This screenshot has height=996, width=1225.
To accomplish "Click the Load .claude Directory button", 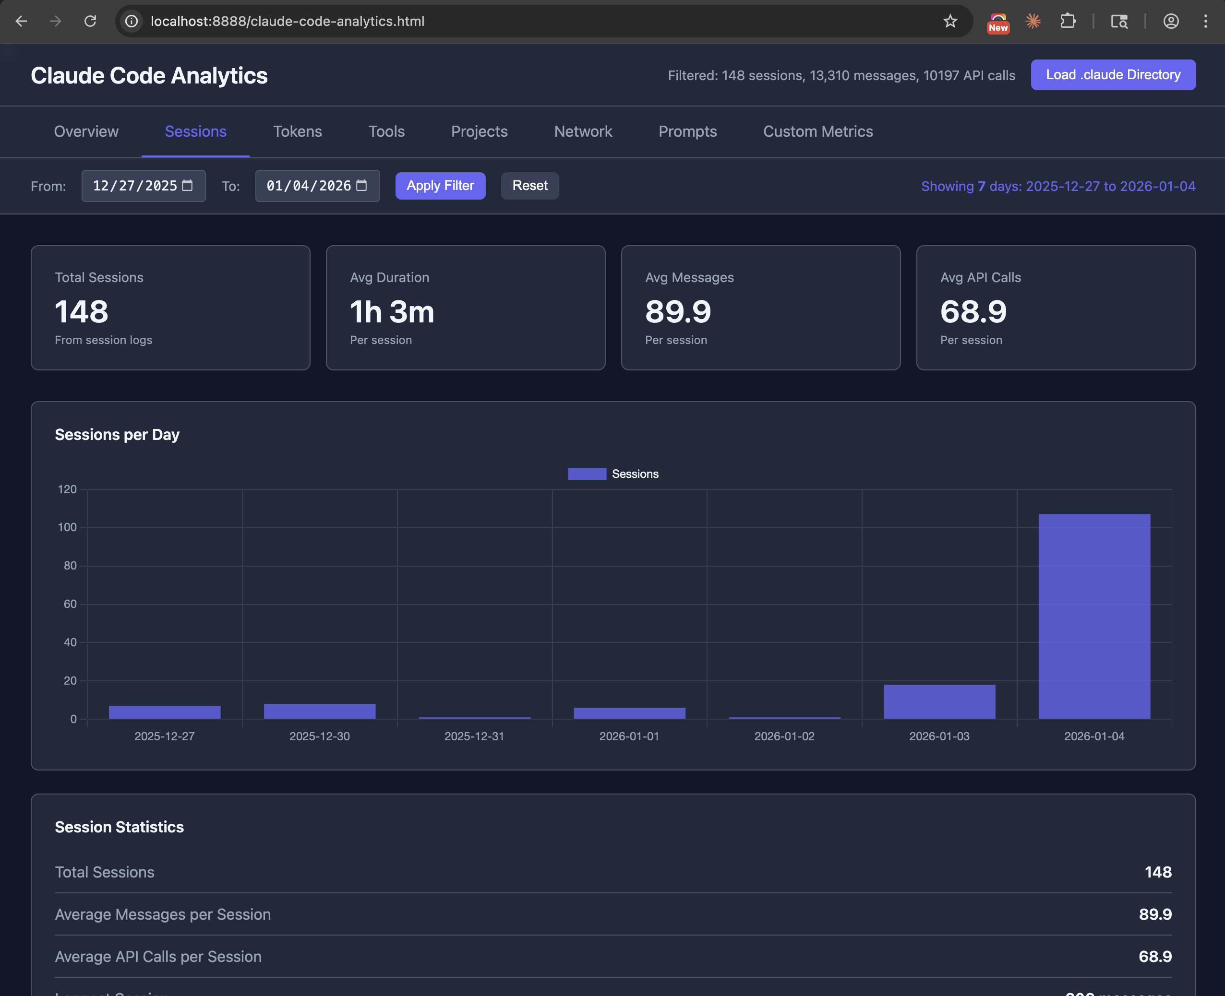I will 1113,74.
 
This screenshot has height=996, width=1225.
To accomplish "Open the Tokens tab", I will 297,131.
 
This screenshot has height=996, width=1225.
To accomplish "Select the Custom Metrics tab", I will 817,131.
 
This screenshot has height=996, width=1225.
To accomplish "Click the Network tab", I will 583,131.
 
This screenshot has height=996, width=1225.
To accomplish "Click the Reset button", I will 529,185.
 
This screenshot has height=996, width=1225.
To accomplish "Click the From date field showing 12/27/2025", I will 135,186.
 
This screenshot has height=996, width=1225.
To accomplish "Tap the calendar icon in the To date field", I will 361,185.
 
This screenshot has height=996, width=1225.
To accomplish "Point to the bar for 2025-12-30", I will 319,711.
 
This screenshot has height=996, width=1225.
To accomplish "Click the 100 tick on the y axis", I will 67,527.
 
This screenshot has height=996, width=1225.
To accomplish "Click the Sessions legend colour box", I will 586,474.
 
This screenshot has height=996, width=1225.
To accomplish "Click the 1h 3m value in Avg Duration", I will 392,312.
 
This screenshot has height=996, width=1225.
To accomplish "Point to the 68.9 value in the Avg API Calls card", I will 973,312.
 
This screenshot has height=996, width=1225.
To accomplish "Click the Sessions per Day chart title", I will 117,435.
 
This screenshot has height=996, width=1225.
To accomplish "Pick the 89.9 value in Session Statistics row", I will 1154,914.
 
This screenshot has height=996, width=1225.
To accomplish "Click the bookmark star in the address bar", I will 950,21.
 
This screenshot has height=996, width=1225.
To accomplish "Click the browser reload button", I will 90,21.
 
